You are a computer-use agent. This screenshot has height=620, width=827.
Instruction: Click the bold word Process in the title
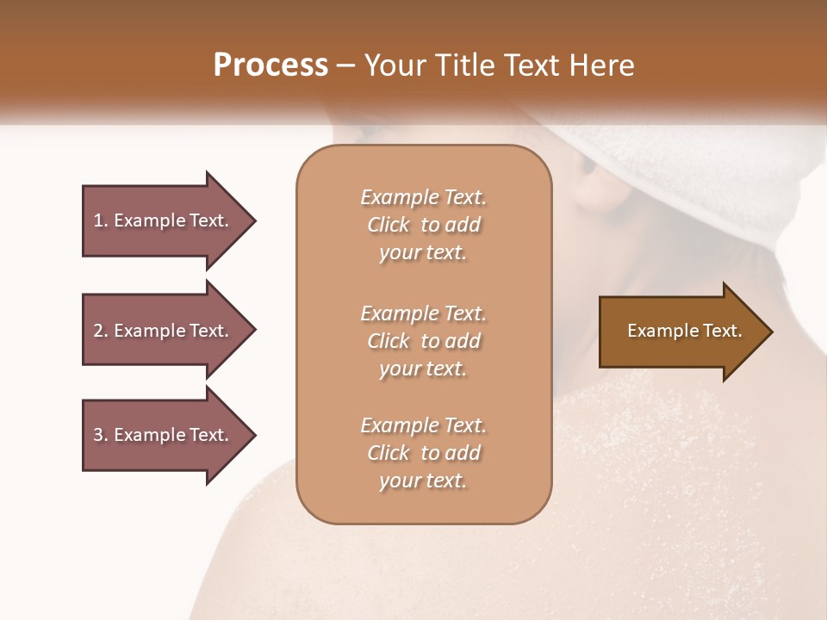[270, 65]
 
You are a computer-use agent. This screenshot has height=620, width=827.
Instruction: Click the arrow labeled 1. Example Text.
[162, 220]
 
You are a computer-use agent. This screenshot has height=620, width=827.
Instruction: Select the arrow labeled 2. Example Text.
[162, 331]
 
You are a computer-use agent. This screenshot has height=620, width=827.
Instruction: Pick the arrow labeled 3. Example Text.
[162, 435]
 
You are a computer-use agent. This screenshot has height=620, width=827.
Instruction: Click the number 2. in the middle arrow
[101, 331]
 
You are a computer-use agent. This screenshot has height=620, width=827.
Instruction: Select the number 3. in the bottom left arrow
[101, 435]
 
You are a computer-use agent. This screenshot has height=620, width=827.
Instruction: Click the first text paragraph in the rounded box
[423, 225]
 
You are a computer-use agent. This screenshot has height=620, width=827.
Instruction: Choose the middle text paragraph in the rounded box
[423, 340]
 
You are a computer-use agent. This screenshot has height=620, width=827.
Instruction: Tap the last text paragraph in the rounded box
[423, 453]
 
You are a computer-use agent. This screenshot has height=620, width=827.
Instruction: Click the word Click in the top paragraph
[389, 225]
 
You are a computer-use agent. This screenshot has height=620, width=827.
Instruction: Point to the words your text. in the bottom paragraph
[423, 481]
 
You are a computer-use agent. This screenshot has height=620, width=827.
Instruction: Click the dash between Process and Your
[346, 66]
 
